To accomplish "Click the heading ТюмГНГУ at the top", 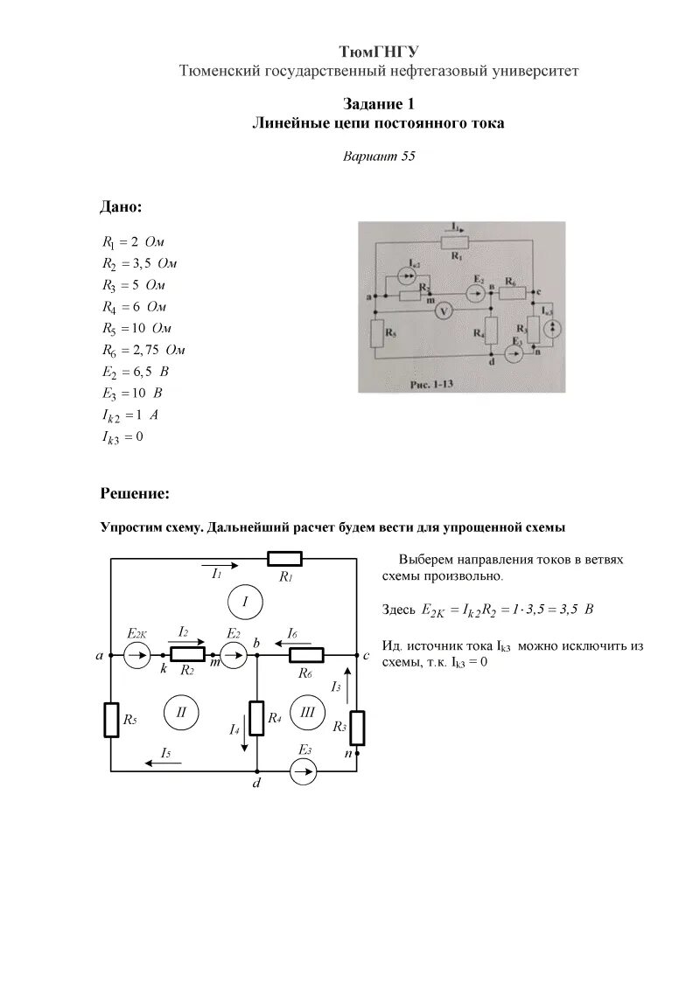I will click(379, 52).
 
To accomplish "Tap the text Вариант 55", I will click(378, 157).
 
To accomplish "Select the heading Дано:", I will click(121, 207).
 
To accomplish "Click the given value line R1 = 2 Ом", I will click(133, 242).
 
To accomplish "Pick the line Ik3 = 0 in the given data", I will click(122, 436).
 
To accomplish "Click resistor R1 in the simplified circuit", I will click(284, 559).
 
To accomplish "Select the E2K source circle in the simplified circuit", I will click(136, 654).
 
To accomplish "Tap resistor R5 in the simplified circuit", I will click(111, 719).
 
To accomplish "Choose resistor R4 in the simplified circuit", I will click(256, 717).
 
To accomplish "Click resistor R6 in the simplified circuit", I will click(306, 654).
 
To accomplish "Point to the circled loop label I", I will click(246, 602).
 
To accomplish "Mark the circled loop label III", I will click(307, 712).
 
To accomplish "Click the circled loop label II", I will click(182, 712).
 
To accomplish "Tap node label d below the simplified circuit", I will click(256, 785).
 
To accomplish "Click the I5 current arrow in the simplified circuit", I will click(160, 763).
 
